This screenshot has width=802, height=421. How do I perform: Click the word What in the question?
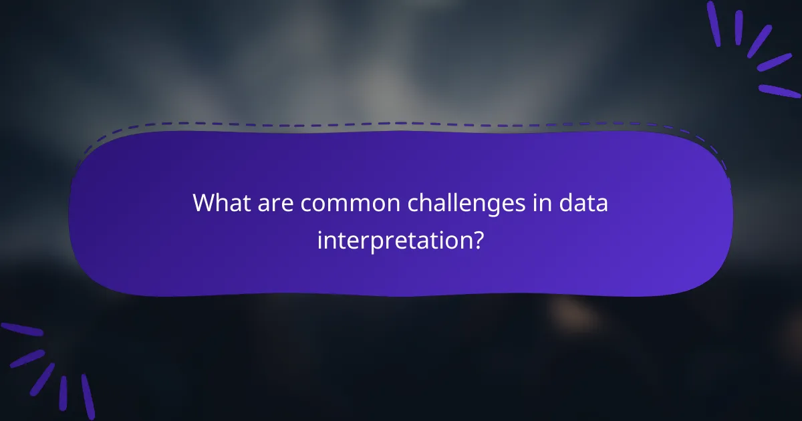(x=218, y=203)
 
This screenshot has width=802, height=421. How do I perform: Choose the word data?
(x=584, y=203)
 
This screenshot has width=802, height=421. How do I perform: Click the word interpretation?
(x=392, y=239)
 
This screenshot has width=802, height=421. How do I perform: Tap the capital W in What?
(x=203, y=203)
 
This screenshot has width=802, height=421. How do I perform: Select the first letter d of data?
(x=567, y=203)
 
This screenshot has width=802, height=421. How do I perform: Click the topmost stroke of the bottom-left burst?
(x=21, y=329)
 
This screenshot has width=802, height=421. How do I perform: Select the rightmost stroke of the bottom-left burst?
(x=88, y=396)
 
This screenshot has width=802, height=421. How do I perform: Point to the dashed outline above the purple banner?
(x=401, y=124)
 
